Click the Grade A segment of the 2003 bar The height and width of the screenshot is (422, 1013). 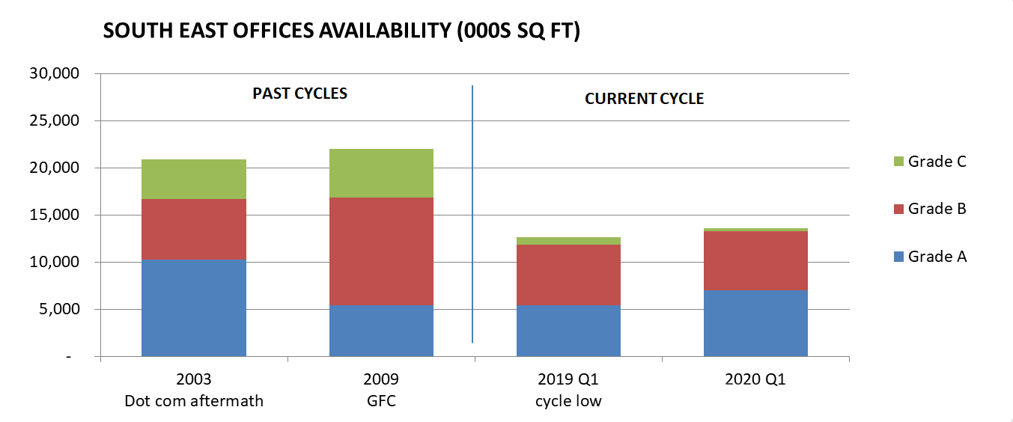coord(193,308)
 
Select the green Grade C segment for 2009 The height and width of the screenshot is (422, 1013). coord(381,173)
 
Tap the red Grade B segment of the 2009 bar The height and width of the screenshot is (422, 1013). coord(381,251)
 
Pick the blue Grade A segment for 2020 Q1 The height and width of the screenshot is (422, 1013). coord(755,322)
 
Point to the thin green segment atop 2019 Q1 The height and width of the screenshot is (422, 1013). coord(568,241)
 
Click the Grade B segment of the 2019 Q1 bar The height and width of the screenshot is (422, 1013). coord(568,275)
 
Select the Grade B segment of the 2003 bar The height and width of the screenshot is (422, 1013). coord(193,229)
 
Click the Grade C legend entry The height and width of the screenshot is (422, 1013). coord(936,161)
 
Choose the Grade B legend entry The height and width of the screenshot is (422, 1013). coord(936,209)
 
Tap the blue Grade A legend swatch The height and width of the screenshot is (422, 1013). coord(895,257)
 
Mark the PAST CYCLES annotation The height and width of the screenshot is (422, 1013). coord(299,94)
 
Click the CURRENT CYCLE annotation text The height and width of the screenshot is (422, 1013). coord(644,99)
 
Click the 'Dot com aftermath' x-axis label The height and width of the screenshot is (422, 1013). coord(193,401)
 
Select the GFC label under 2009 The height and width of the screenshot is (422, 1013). coord(381,401)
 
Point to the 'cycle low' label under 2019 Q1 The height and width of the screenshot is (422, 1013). coord(568,401)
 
